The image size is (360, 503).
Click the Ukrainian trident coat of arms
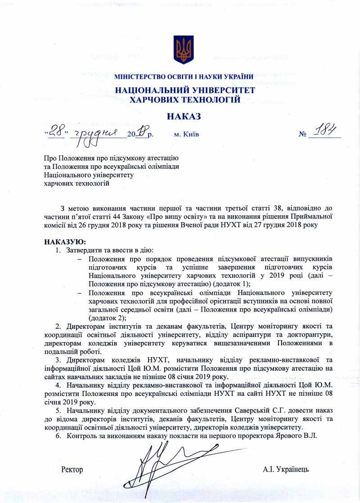183,50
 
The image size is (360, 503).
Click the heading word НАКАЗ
184,116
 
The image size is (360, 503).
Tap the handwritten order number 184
325,130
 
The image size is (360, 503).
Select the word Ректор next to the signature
72,470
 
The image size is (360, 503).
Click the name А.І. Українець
286,470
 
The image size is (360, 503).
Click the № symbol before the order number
304,134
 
